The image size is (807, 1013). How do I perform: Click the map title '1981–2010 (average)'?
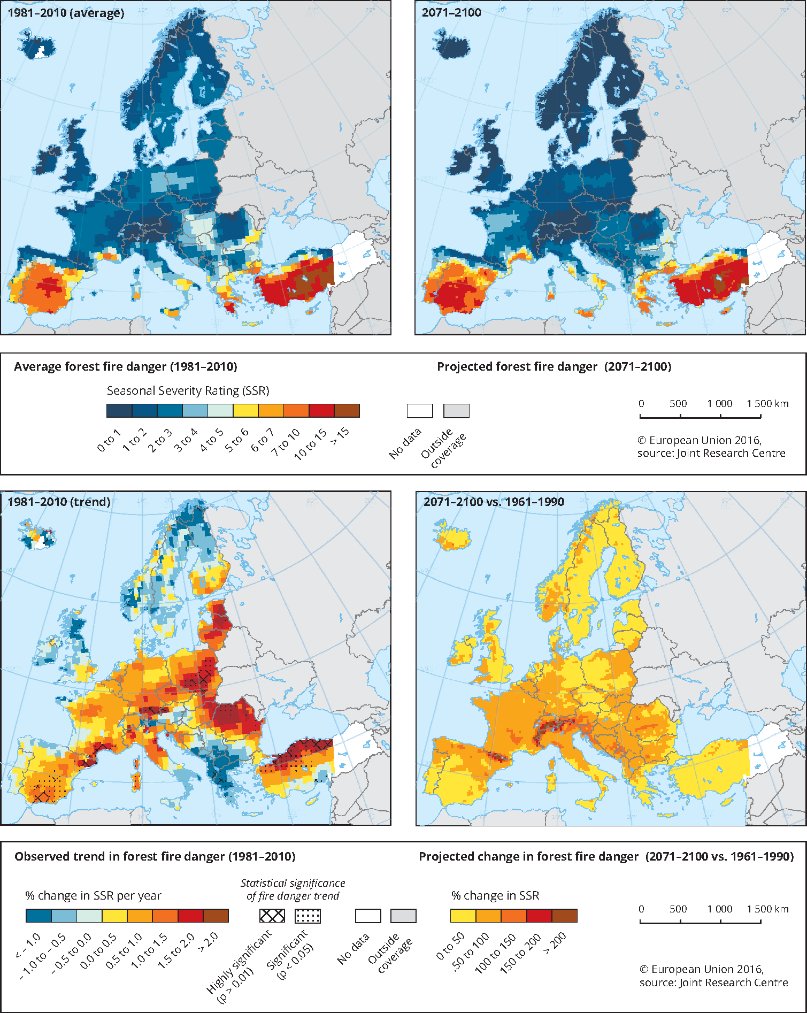[66, 13]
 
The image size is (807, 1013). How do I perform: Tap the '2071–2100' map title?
[451, 13]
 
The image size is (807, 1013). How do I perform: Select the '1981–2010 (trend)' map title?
[59, 502]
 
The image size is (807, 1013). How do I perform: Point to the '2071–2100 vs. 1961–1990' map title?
[494, 502]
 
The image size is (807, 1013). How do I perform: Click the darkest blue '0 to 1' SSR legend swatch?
[119, 411]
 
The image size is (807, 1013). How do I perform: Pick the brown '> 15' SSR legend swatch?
[347, 411]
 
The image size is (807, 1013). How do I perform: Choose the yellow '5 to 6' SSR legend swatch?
[245, 411]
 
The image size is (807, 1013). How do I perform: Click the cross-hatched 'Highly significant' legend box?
[272, 916]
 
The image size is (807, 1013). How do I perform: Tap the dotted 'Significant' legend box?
[308, 916]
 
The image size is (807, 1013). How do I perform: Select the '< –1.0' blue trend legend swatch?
[39, 916]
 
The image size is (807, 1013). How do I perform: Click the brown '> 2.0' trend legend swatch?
[216, 916]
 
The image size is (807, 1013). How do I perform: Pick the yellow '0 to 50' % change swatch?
[463, 916]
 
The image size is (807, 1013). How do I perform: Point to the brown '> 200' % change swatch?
[565, 916]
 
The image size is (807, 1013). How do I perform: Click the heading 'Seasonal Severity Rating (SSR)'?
[188, 390]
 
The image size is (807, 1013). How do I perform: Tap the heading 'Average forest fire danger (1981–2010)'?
[126, 366]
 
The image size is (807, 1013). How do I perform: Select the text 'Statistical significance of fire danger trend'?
[293, 889]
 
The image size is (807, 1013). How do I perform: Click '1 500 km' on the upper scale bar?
[767, 403]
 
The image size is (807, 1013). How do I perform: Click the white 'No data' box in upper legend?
[420, 411]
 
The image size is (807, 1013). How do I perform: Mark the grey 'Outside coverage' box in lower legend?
[403, 916]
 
